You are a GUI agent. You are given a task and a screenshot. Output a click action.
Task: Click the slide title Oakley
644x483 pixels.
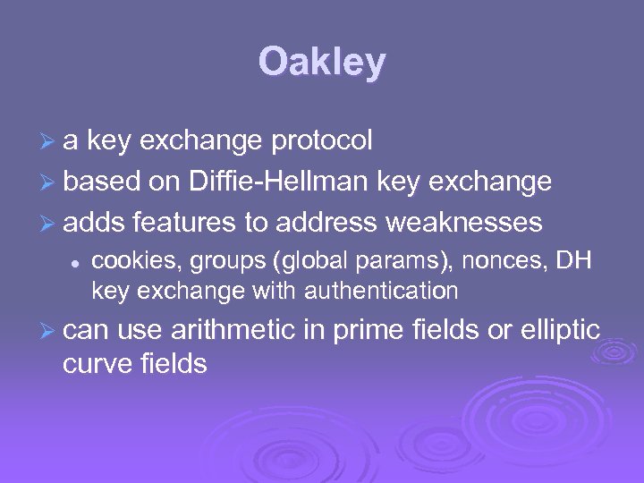point(322,63)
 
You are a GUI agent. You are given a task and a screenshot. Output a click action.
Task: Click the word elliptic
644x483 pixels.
point(558,330)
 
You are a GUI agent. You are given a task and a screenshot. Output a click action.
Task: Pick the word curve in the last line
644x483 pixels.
point(95,363)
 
